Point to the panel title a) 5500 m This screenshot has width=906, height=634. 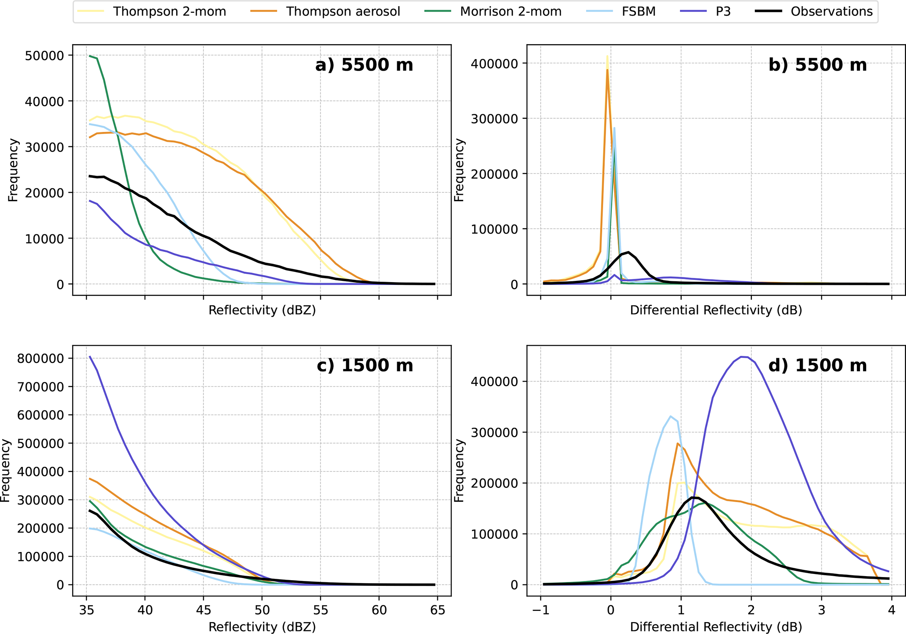tap(364, 65)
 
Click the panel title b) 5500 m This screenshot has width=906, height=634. tap(817, 65)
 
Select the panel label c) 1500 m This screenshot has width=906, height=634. tap(365, 365)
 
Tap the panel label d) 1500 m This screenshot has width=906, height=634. tap(817, 365)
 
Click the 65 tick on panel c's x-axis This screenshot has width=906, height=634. tap(437, 610)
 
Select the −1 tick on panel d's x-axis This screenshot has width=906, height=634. tap(540, 610)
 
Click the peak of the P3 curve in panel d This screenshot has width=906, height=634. tap(742, 357)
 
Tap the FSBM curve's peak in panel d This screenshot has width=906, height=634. tap(671, 416)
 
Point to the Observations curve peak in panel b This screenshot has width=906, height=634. tap(629, 252)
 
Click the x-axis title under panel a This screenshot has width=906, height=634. tap(262, 310)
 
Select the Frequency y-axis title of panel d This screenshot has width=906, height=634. tap(458, 471)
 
